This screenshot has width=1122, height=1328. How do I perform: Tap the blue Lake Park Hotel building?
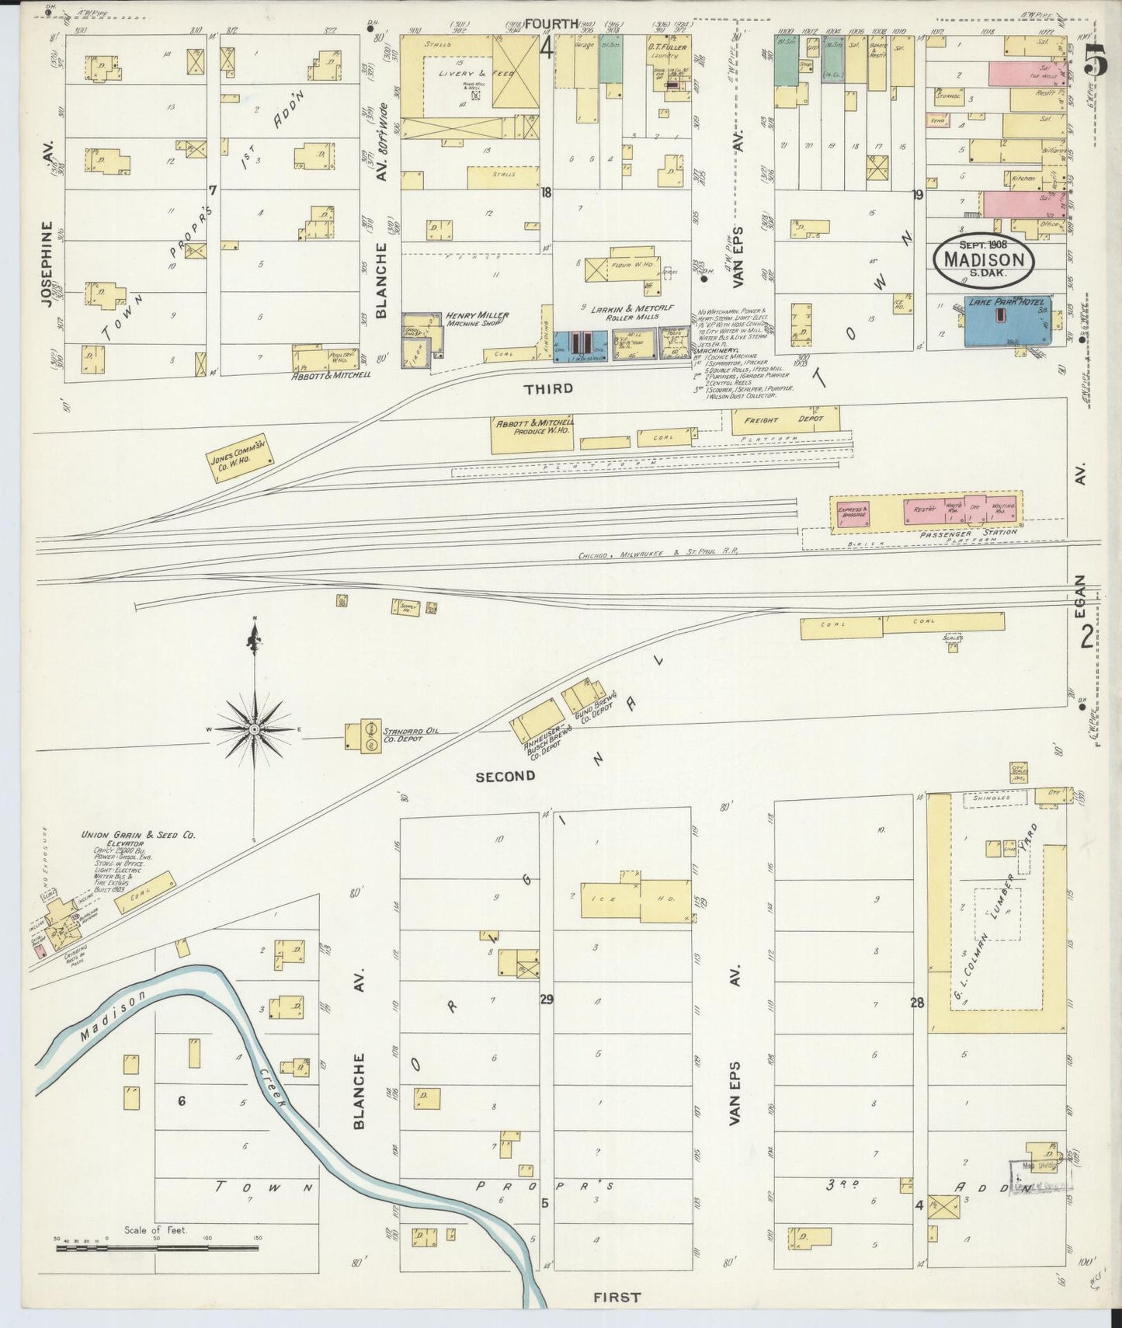point(1007,322)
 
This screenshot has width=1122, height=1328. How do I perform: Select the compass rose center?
point(255,730)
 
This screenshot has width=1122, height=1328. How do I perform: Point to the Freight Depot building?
point(785,420)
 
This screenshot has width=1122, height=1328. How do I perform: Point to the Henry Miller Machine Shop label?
point(477,319)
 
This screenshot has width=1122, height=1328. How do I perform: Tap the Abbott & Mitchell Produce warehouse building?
point(533,435)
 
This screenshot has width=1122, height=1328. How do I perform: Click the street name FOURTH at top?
point(551,24)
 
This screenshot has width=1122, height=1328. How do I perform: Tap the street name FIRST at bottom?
point(617,1296)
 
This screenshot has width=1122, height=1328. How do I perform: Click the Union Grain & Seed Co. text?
point(138,835)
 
